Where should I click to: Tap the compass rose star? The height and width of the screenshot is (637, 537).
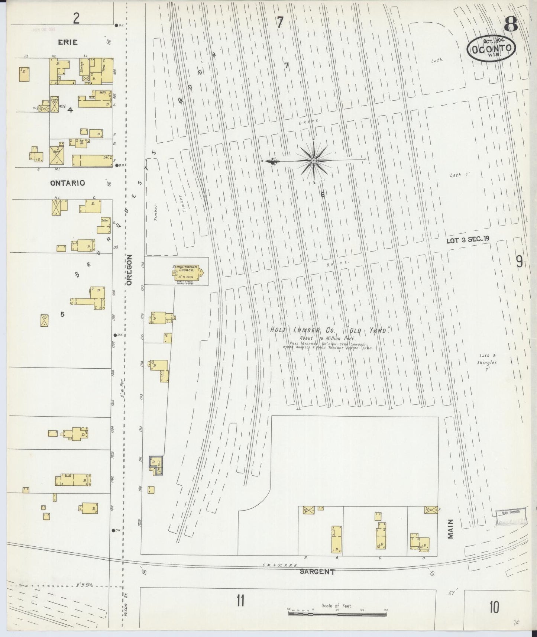pos(314,161)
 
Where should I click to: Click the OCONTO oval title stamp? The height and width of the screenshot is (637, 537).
pos(491,49)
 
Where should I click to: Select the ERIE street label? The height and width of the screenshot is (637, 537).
pos(68,42)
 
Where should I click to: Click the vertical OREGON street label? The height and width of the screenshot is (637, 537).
pos(129,270)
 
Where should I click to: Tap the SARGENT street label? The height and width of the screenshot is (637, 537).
pos(317,572)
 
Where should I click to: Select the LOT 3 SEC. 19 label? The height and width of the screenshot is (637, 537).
pos(468,240)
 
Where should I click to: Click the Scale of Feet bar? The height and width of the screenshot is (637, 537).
pos(337,613)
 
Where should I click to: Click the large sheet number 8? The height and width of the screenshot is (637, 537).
pos(511,25)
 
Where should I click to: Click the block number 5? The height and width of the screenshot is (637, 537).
pos(62,314)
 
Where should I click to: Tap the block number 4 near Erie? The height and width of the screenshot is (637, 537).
pos(69,110)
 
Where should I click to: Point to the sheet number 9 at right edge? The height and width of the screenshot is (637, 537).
pos(519,262)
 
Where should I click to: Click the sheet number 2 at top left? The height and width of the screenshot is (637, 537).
pos(76,19)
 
